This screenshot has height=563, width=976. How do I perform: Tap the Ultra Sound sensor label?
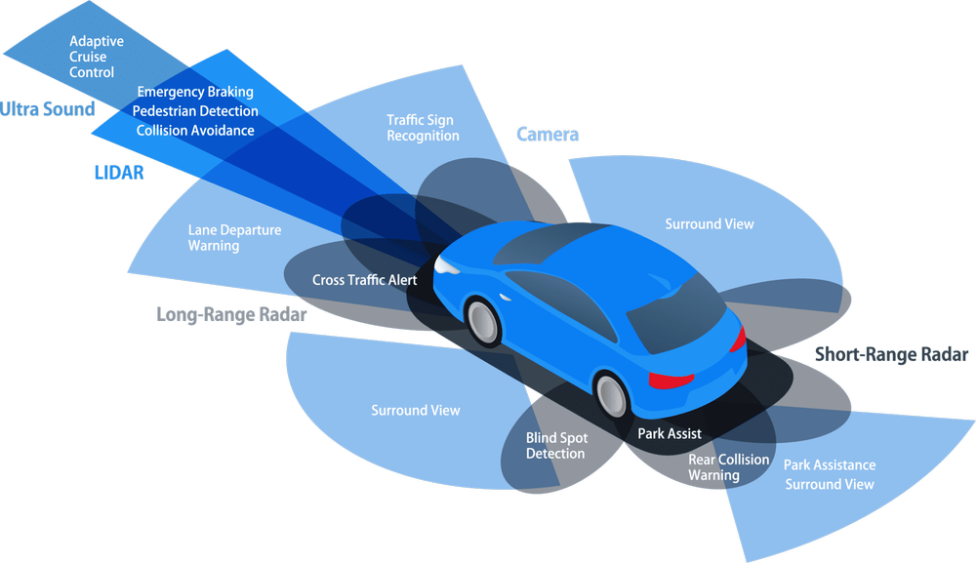click(47, 108)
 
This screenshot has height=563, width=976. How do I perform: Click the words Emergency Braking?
click(195, 92)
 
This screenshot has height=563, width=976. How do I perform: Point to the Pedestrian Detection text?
click(195, 111)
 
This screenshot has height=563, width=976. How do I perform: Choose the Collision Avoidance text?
click(195, 131)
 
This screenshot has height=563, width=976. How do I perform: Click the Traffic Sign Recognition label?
click(422, 128)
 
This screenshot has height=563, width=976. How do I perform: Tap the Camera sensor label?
click(548, 135)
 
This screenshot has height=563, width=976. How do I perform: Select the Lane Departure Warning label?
click(234, 238)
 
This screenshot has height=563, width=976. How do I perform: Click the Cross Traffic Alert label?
click(364, 280)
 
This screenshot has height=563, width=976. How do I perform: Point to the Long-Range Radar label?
click(231, 315)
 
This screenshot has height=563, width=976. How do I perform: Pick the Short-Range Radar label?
click(891, 355)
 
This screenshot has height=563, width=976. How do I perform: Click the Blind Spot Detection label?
click(555, 446)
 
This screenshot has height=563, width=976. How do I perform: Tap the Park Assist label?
click(670, 434)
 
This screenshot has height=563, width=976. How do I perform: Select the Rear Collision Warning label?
click(728, 467)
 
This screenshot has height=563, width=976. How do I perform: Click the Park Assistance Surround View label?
click(830, 474)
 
